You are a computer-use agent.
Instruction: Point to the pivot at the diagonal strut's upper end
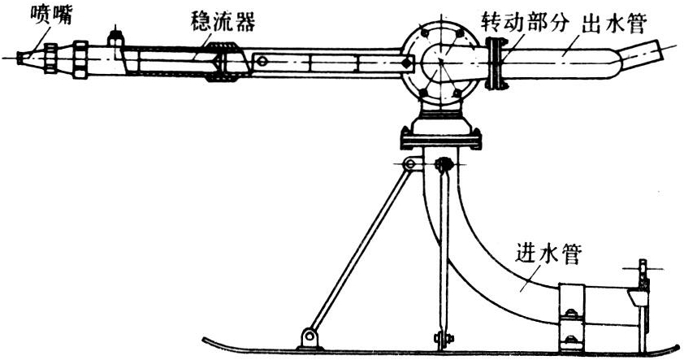tap(412, 165)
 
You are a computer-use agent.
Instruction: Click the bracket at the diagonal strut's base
tap(309, 336)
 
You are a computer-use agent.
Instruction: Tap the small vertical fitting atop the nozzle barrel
tap(115, 38)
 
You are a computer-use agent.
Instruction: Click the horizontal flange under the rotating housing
tap(439, 140)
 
